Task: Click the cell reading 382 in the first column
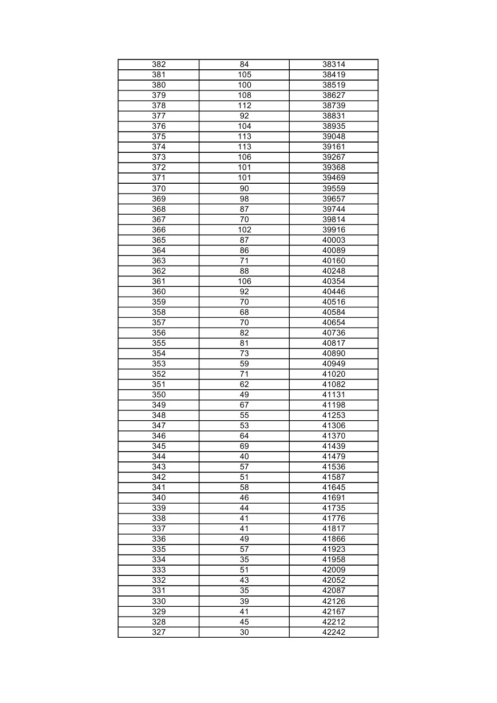pos(159,64)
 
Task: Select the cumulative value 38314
pos(334,64)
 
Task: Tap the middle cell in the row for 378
pos(244,105)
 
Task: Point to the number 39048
pos(334,136)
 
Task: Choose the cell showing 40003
pos(334,240)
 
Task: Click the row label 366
pos(159,230)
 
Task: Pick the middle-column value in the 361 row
pos(244,281)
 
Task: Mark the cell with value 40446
pos(334,291)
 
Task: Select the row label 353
pos(159,364)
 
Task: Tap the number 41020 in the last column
pos(334,374)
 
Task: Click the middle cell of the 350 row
pos(244,394)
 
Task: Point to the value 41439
pos(334,446)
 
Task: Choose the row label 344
pos(159,456)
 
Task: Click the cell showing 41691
pos(334,497)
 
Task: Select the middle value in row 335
pos(244,549)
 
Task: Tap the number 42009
pos(334,570)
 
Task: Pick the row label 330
pos(159,601)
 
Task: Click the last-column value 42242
pos(334,632)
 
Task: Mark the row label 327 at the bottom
pos(159,632)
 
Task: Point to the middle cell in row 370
pos(244,188)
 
